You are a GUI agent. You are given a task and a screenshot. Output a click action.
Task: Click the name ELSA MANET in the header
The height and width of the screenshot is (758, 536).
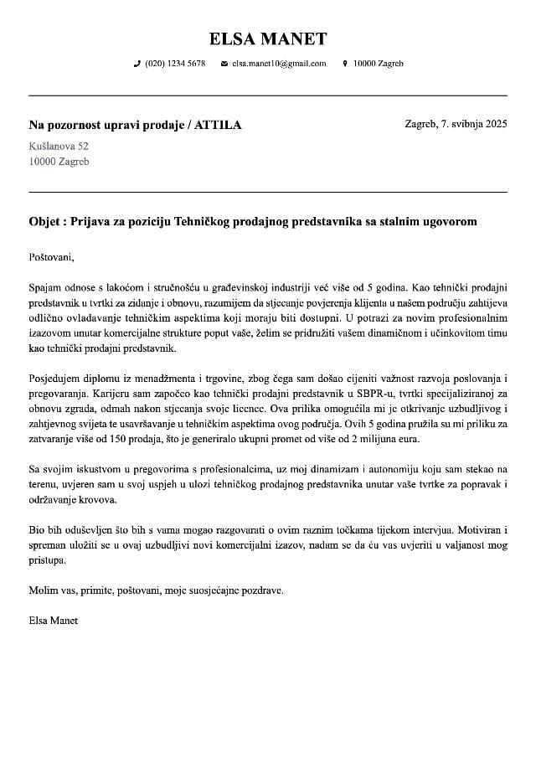pos(268,39)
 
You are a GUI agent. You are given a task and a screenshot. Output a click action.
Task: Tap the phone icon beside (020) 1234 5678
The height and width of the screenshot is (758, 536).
pos(137,64)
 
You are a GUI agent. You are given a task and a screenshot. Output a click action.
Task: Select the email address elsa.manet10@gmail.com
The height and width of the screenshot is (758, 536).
pos(279,64)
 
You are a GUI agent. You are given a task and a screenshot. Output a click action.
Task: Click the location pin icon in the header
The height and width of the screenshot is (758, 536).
pos(345,64)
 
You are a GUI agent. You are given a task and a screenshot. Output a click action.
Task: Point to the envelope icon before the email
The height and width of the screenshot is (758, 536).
pos(224,64)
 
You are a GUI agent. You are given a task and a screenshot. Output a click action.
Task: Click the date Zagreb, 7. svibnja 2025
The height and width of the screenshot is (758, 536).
pos(456,124)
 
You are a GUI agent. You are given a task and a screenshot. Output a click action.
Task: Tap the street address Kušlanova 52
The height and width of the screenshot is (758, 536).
pos(59,146)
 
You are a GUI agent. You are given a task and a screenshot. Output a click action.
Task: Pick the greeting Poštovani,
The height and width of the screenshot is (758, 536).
pos(52,257)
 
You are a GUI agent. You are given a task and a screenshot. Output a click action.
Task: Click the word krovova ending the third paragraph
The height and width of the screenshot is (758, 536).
pos(100,500)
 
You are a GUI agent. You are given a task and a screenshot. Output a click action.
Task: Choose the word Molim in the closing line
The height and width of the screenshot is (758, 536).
pos(42,590)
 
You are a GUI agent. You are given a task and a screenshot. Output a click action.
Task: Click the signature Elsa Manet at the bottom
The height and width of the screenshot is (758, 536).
pos(54,621)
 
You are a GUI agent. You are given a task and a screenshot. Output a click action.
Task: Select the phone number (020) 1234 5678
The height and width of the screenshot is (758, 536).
pos(175,64)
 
